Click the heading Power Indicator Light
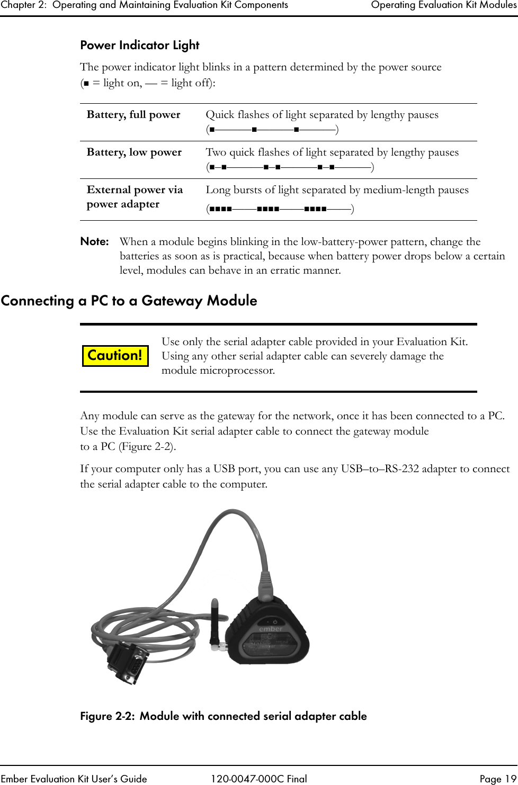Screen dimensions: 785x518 139,46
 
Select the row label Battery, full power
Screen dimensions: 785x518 133,115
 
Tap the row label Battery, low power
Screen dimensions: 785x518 134,152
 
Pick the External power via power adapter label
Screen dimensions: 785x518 135,197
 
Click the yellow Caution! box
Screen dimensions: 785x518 115,355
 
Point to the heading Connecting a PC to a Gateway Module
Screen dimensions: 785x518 129,301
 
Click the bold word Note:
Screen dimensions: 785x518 94,242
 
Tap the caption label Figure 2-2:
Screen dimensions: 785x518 108,716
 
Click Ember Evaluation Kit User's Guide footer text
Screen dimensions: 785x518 75,779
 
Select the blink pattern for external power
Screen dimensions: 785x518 280,209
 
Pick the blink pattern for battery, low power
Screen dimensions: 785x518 290,168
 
